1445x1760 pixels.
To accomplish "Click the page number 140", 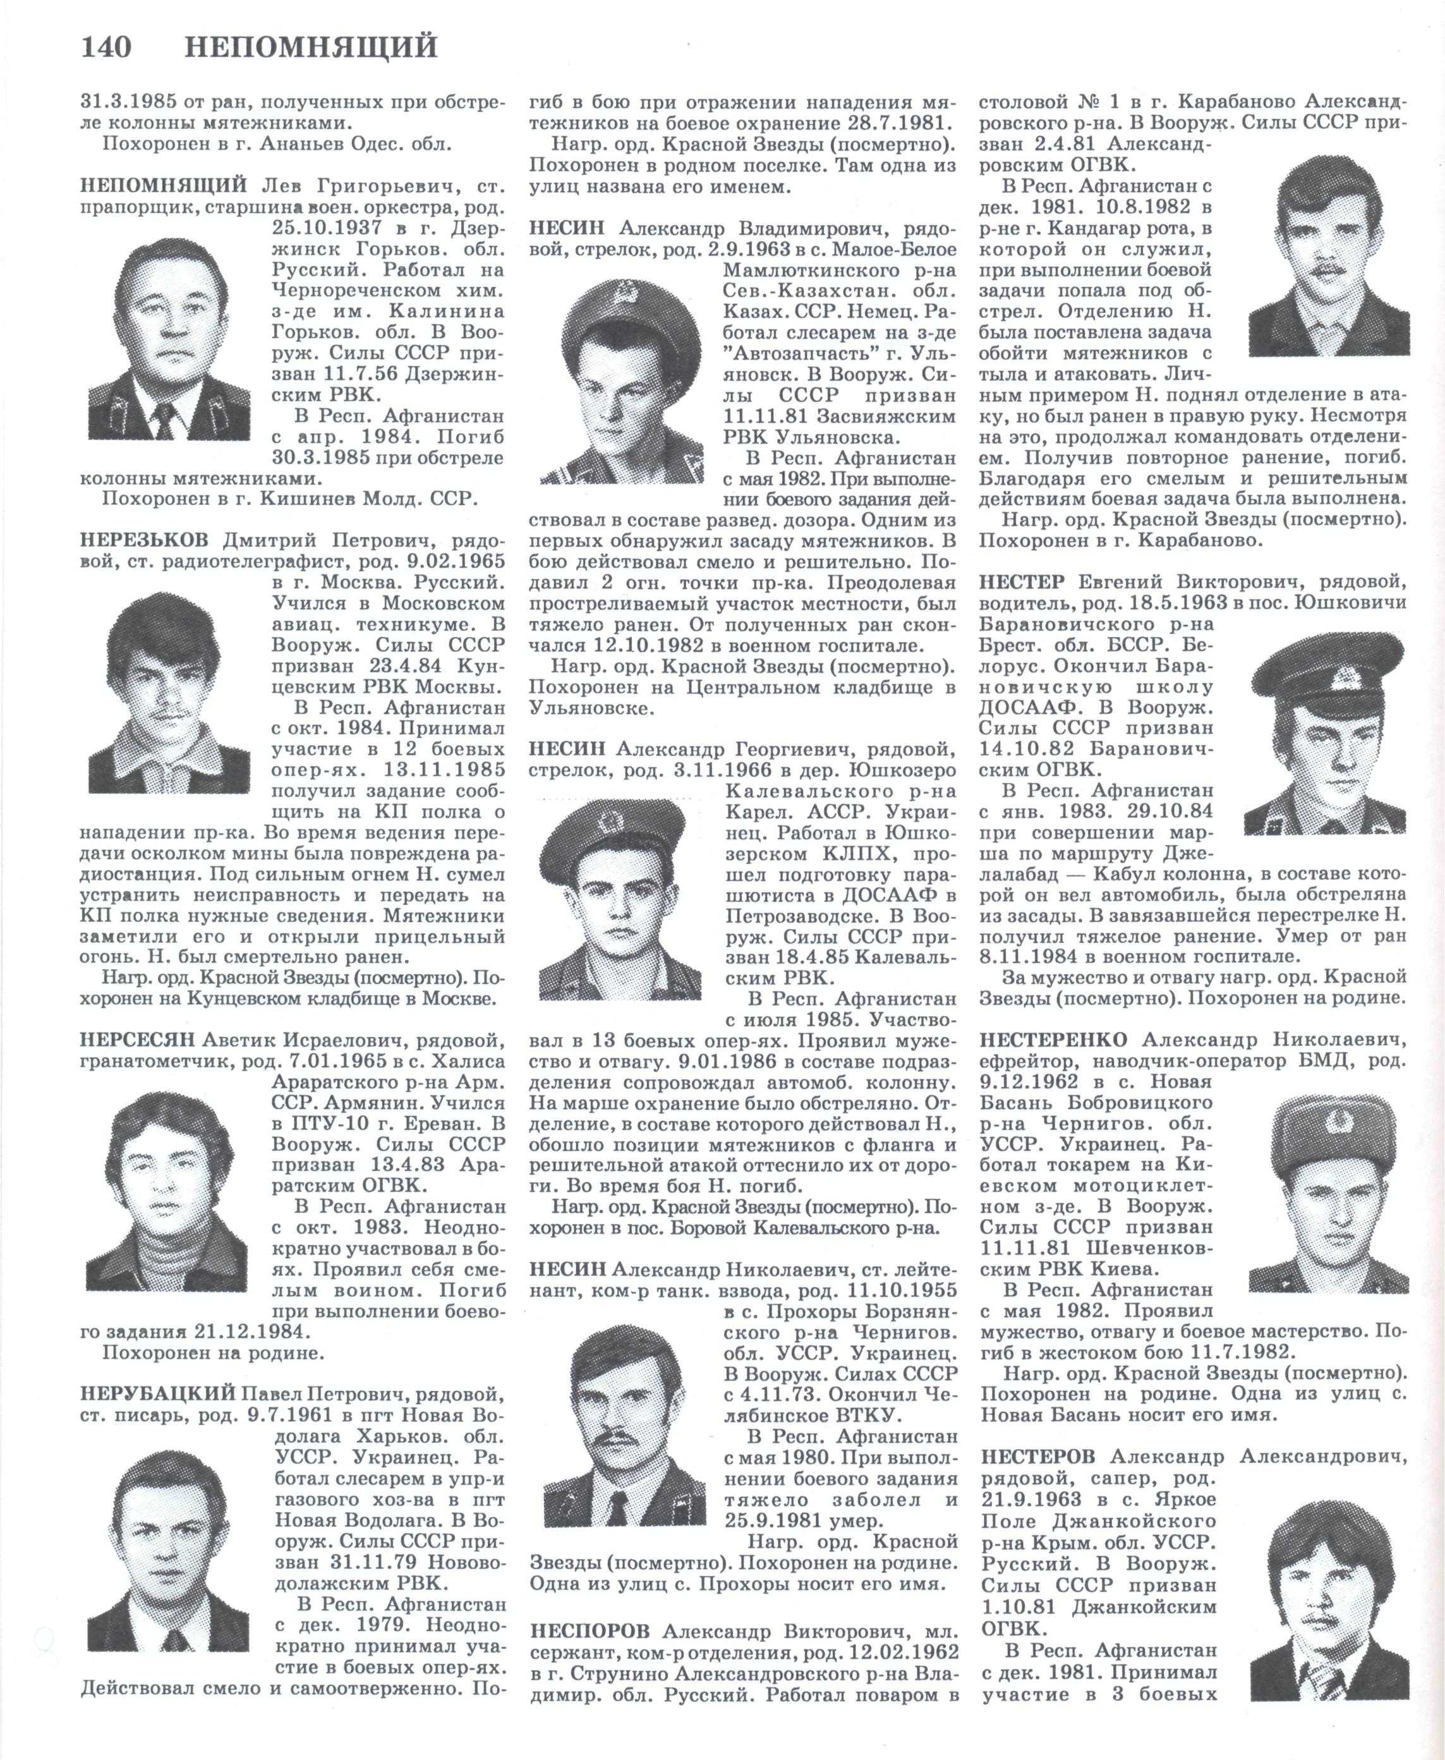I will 106,47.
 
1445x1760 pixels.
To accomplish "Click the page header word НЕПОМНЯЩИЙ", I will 310,47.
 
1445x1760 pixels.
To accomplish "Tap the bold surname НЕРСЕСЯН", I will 137,1039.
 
